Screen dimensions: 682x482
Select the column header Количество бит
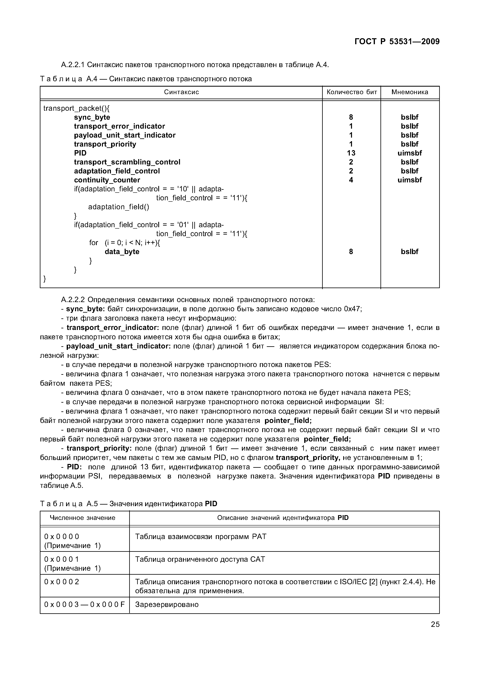351,92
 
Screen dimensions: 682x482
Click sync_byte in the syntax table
92,117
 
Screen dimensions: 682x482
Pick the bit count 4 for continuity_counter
351,180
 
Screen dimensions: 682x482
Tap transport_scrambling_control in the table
127,162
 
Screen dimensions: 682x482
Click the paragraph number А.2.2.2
73,300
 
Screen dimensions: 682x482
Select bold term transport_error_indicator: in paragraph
113,328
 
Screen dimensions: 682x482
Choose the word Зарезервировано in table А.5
167,605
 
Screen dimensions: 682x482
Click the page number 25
435,624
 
